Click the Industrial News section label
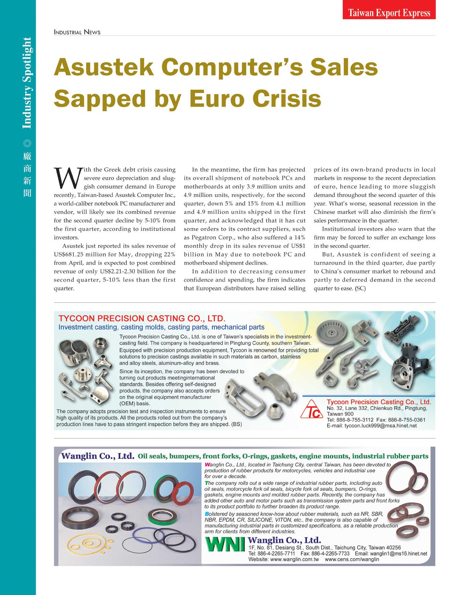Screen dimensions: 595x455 77,32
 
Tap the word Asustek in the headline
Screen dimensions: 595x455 103,67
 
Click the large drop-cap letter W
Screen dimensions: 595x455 68,178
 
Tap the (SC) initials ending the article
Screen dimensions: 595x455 360,289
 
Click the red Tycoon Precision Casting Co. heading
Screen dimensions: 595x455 142,318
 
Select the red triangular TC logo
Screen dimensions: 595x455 312,409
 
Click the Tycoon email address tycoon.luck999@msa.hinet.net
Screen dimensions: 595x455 380,426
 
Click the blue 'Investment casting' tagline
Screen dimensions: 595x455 88,327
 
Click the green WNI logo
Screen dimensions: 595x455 225,545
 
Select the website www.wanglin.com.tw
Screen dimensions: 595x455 284,559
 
